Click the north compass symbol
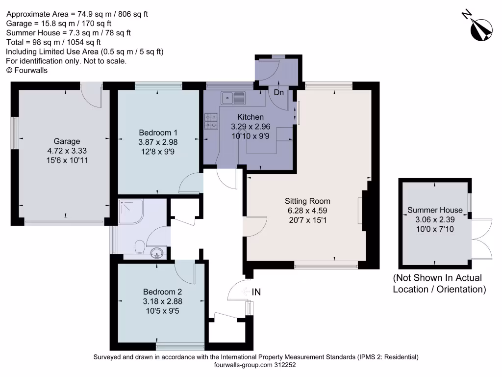[480, 28]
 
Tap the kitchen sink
[233, 98]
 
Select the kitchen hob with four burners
[211, 121]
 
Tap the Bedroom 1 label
[158, 133]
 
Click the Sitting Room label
[307, 201]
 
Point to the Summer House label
[435, 210]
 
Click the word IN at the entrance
[256, 292]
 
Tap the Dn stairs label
[278, 92]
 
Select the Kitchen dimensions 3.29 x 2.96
[251, 126]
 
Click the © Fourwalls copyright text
[27, 70]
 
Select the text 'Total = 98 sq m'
[32, 42]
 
